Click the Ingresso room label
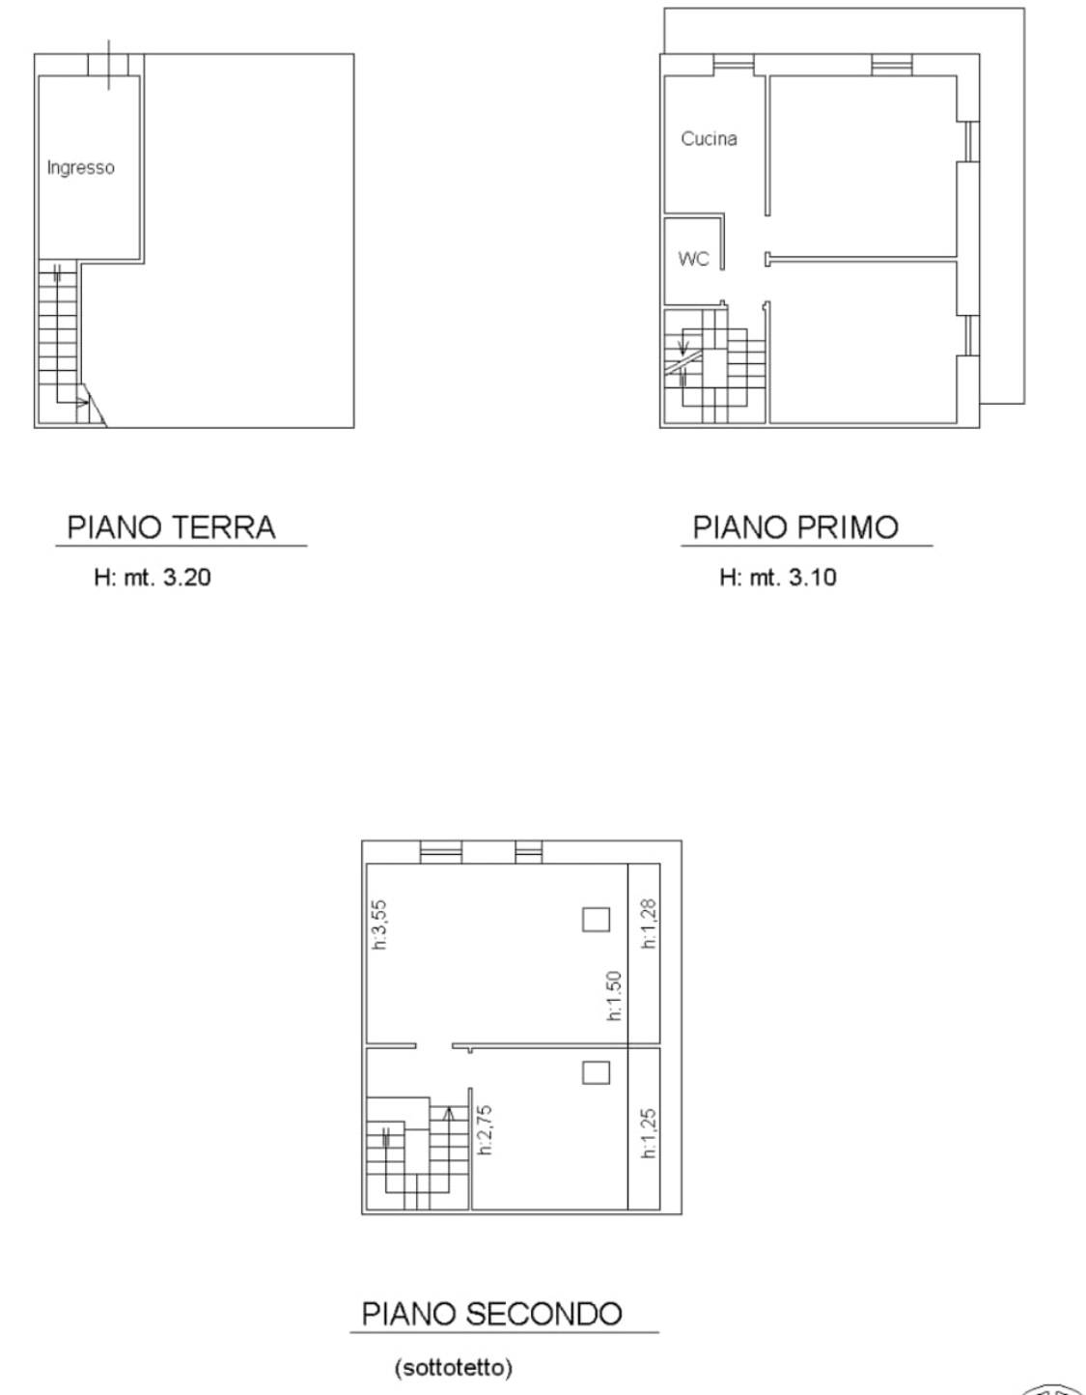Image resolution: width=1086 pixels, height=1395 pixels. pos(81,168)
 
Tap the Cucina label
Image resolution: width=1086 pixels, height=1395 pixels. pos(709,139)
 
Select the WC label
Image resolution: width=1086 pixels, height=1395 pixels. pos(693,259)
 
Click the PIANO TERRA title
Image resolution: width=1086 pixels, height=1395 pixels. pos(172,527)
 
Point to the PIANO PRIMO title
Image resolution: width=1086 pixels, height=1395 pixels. pos(795,527)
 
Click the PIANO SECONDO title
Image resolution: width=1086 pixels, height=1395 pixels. pos(491,1314)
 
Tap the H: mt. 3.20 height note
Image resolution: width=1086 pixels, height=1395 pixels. pos(153,578)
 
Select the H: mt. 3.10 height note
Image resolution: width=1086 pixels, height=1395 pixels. pos(778,578)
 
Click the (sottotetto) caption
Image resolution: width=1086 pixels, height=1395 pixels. pos(454,1368)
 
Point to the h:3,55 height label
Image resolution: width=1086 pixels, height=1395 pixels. pos(380,925)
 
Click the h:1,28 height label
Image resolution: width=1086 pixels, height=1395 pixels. pos(649,924)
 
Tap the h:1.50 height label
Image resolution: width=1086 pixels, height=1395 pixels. pos(614,995)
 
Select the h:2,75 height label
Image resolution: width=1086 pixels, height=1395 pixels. pos(487,1129)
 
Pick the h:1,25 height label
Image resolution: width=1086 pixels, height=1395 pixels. pos(649,1132)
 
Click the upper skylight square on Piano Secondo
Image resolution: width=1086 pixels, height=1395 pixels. pos(596,919)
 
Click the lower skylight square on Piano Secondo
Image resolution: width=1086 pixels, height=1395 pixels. pos(596,1072)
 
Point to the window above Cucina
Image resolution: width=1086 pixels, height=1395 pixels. pos(733,65)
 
